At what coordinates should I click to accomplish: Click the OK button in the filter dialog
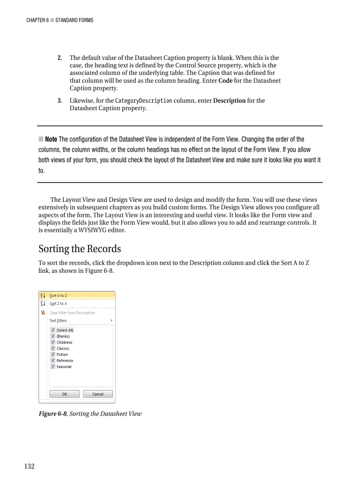tap(64, 394)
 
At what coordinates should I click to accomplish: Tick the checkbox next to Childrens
tap(53, 342)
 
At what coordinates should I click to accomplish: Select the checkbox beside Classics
tap(53, 348)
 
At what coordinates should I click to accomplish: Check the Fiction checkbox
tap(53, 354)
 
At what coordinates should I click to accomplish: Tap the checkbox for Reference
tap(53, 361)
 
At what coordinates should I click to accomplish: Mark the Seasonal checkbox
tap(53, 366)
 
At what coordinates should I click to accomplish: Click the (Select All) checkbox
tap(53, 330)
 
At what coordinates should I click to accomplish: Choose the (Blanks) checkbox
tap(53, 336)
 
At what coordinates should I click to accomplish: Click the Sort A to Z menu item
tap(58, 296)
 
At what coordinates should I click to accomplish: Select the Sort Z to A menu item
tap(58, 304)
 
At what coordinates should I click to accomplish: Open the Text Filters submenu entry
tap(58, 321)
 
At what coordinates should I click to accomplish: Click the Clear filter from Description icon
tap(43, 313)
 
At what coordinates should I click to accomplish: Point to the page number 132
tap(30, 466)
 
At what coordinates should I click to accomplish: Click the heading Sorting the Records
tap(79, 249)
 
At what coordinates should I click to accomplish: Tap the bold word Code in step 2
tap(225, 81)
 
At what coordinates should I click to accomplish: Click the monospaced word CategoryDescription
tap(143, 101)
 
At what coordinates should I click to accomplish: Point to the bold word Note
tap(51, 139)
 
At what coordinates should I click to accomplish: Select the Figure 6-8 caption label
tap(53, 414)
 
